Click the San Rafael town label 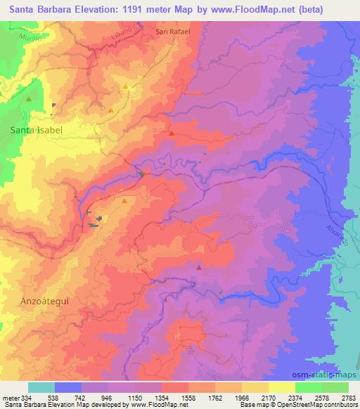(x=173, y=32)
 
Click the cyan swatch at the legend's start (x=41, y=387)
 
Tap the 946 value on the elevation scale (x=112, y=398)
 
